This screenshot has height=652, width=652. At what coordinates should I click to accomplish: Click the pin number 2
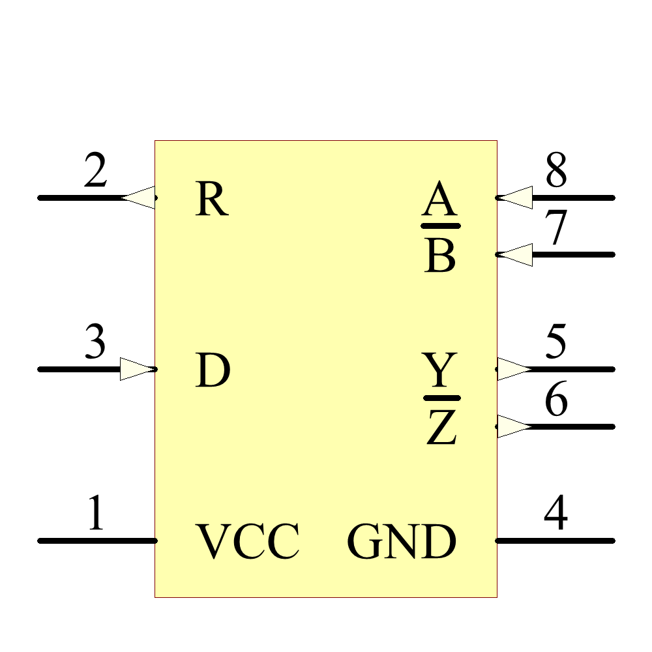[x=95, y=173]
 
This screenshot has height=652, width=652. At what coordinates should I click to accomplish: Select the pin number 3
[x=95, y=344]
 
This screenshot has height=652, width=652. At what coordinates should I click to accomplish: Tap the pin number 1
[x=96, y=514]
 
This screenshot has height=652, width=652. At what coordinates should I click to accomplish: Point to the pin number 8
[x=556, y=171]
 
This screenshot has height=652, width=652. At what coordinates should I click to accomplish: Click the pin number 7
[x=556, y=230]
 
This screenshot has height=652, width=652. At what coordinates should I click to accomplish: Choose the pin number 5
[x=556, y=344]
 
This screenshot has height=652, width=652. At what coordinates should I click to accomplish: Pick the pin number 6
[x=556, y=401]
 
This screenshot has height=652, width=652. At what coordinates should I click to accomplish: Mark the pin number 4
[x=556, y=514]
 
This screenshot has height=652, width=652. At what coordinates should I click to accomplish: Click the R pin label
[x=211, y=200]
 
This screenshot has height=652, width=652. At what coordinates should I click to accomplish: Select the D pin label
[x=213, y=371]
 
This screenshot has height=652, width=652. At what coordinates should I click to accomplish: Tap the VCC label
[x=248, y=542]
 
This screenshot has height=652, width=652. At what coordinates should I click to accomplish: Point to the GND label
[x=401, y=542]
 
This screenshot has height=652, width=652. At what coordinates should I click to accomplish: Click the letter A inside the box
[x=439, y=200]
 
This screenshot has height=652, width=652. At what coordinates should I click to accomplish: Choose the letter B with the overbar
[x=440, y=256]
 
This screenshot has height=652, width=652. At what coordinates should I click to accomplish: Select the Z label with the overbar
[x=441, y=427]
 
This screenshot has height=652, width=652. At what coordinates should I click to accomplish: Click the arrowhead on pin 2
[x=140, y=197]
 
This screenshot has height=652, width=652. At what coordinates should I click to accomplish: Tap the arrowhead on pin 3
[x=138, y=369]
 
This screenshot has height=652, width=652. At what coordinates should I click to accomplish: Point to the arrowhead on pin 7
[x=516, y=254]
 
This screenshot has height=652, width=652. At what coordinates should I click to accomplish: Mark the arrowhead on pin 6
[x=514, y=426]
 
